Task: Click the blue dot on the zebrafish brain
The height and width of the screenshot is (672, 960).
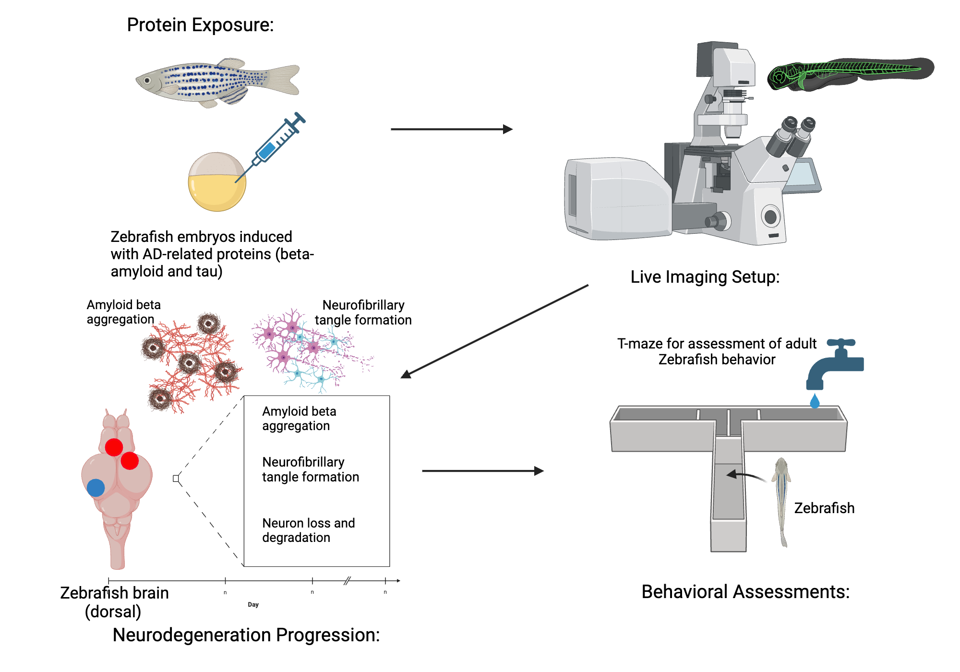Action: coord(96,488)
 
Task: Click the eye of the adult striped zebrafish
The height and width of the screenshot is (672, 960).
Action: coord(147,81)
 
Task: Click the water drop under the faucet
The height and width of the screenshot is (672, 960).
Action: coord(815,401)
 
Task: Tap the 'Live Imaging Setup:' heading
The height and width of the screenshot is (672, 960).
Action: coord(705,277)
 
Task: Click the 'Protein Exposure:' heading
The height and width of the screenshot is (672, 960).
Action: coord(200,25)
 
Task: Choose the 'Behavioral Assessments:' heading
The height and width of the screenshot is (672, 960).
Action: coord(745,591)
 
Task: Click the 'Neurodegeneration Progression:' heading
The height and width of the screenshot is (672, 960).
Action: coord(246,635)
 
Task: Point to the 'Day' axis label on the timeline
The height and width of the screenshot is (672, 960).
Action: coord(253,604)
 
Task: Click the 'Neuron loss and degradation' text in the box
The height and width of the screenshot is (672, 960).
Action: coord(308,530)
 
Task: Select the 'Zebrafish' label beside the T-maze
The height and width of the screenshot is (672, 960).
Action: coord(824,508)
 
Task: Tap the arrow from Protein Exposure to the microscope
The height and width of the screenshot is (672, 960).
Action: coord(451,129)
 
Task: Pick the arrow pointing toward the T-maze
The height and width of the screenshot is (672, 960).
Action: coord(482,471)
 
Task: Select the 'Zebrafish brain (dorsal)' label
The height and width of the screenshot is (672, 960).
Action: coord(114,602)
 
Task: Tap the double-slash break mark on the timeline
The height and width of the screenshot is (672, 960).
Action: coord(347,581)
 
